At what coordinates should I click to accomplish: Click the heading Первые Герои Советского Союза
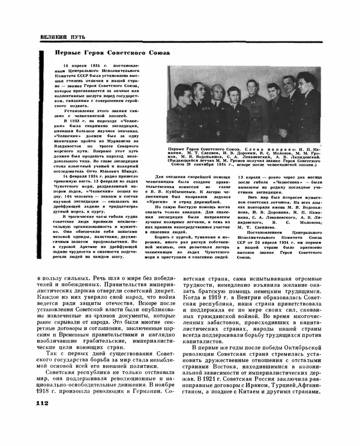pos(108,53)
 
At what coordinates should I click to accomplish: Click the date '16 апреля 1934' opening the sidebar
pos(63,70)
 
